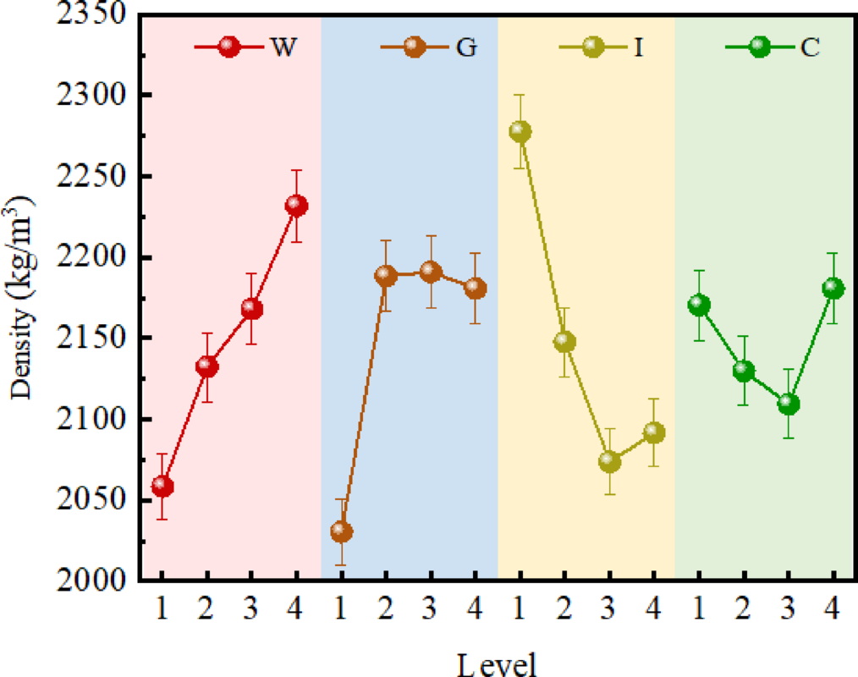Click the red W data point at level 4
point(296,206)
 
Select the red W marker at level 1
point(162,487)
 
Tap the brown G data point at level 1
point(341,531)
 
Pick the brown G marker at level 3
point(431,272)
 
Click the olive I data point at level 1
point(520,132)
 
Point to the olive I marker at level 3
point(609,462)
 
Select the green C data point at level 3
point(789,404)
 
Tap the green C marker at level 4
point(833,289)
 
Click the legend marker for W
point(229,47)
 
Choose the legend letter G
point(465,47)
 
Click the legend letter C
point(810,47)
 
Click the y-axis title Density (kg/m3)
point(23,297)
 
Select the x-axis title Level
point(497,663)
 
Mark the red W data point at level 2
point(207,366)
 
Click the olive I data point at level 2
point(564,342)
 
